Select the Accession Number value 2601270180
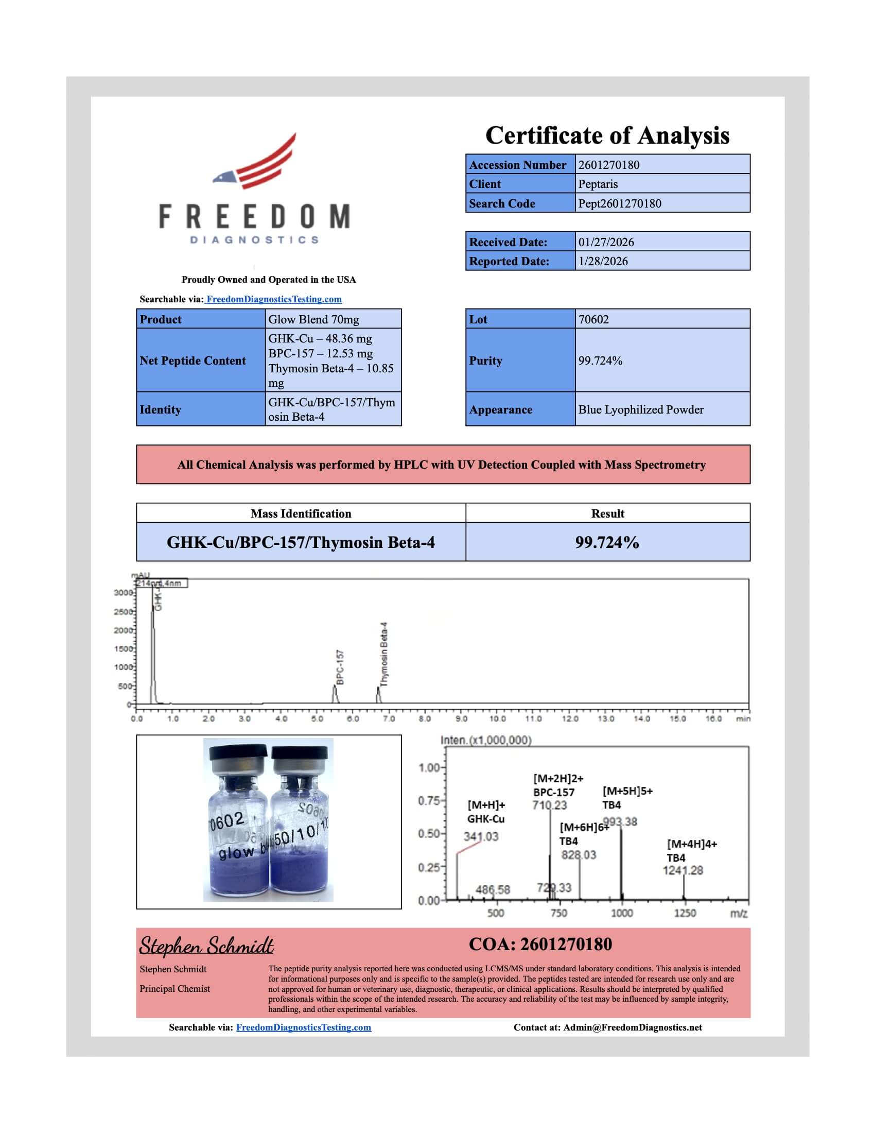pyautogui.click(x=608, y=165)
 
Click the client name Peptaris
pyautogui.click(x=598, y=184)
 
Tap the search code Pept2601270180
pyautogui.click(x=619, y=203)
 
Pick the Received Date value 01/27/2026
pyautogui.click(x=605, y=242)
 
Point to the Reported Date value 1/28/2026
pyautogui.click(x=603, y=262)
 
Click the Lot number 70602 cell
pyautogui.click(x=593, y=320)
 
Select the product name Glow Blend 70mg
pyautogui.click(x=313, y=320)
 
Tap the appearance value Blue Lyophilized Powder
pyautogui.click(x=641, y=410)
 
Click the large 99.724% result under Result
pyautogui.click(x=607, y=543)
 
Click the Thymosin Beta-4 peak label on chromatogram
pyautogui.click(x=383, y=654)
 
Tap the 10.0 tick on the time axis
pyautogui.click(x=497, y=719)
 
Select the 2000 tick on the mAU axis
pyautogui.click(x=124, y=630)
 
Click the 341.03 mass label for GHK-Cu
pyautogui.click(x=481, y=837)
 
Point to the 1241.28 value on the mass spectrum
pyautogui.click(x=682, y=870)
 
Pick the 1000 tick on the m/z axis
pyautogui.click(x=622, y=913)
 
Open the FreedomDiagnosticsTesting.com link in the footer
pyautogui.click(x=303, y=1027)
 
